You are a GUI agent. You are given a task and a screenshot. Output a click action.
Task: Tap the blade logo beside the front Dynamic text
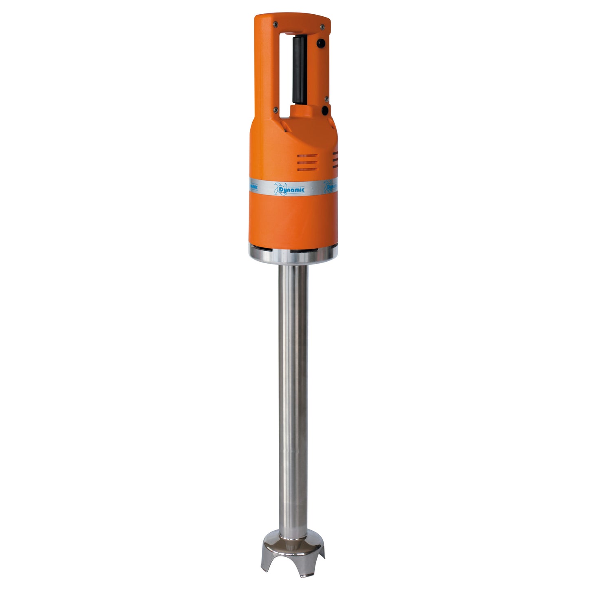pos(281,188)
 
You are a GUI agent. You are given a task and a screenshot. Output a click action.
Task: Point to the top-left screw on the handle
pos(276,24)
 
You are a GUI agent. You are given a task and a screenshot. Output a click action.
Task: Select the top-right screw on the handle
pos(322,27)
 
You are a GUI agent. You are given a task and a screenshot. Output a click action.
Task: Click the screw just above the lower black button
pos(326,98)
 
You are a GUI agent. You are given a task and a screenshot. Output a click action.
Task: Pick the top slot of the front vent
pos(307,156)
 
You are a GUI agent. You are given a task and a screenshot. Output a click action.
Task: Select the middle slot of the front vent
pos(307,163)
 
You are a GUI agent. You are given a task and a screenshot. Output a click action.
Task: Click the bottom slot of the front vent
pos(307,169)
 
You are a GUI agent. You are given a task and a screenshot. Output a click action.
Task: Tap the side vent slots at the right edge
pos(335,160)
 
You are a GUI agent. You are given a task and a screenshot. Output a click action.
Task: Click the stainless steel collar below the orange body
pos(293,256)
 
